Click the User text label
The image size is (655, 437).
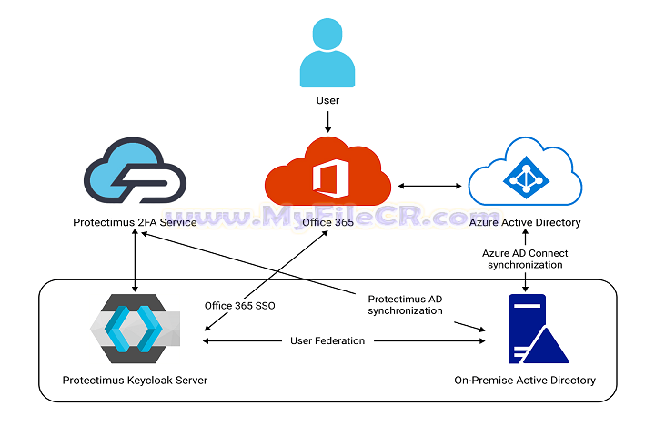click(x=327, y=101)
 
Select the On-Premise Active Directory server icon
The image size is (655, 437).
click(x=527, y=330)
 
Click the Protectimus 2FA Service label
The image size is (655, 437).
click(x=135, y=222)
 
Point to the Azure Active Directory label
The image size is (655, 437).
click(x=525, y=222)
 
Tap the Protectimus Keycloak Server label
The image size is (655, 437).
click(x=135, y=380)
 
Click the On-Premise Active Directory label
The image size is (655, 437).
click(x=524, y=380)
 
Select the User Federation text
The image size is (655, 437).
click(x=327, y=340)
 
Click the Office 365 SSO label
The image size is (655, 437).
click(x=239, y=305)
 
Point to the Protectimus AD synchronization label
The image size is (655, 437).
click(x=405, y=304)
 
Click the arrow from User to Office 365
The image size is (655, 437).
click(x=327, y=120)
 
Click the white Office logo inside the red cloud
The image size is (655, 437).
click(x=328, y=176)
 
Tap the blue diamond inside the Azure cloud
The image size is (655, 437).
click(x=525, y=178)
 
